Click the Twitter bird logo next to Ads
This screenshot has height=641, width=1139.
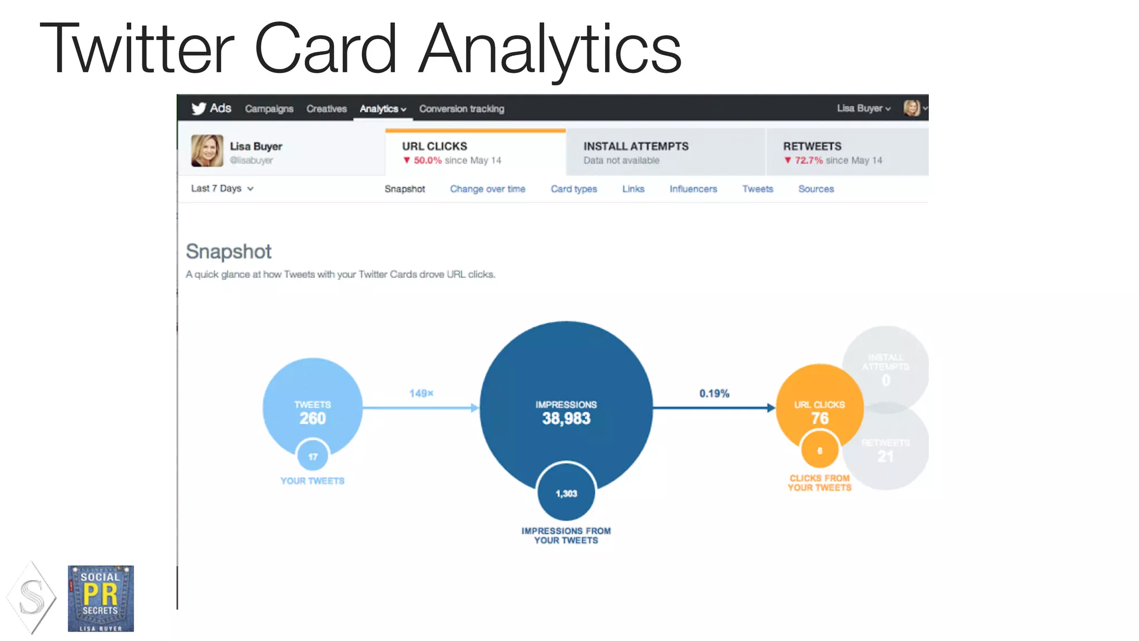tap(199, 109)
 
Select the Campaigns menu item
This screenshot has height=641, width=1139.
tap(269, 109)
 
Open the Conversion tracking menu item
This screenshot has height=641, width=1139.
tap(462, 109)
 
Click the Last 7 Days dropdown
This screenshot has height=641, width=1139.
tap(222, 189)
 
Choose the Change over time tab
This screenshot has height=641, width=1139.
tap(487, 189)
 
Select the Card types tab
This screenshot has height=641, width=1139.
tap(573, 189)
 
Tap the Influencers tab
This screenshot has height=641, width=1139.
tap(693, 189)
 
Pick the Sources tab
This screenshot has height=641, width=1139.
tap(816, 189)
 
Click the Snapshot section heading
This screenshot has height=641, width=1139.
tap(229, 252)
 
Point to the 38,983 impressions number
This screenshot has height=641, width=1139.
tap(566, 418)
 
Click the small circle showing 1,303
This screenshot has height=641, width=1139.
tap(566, 494)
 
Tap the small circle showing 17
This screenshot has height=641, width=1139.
tap(313, 457)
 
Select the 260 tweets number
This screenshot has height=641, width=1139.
tap(313, 418)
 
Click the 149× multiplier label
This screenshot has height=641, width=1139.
tap(421, 393)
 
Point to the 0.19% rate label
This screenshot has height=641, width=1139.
tap(714, 393)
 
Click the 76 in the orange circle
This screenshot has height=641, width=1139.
tap(820, 418)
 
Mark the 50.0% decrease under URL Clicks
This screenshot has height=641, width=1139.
tap(427, 160)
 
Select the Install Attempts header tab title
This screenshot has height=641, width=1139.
tap(636, 146)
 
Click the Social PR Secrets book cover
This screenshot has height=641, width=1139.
tap(101, 599)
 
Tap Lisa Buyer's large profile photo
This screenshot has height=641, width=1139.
tap(207, 151)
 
